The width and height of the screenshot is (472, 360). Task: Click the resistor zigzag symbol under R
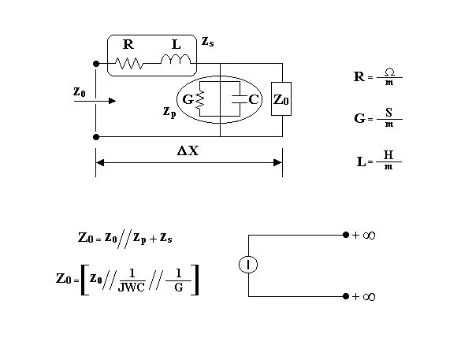click(x=129, y=64)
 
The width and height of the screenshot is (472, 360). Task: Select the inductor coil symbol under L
click(x=176, y=59)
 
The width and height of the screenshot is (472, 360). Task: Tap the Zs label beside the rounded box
click(x=208, y=42)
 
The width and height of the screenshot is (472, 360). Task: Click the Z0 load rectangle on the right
click(x=281, y=98)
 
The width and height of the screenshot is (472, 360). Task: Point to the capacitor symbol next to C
click(x=240, y=99)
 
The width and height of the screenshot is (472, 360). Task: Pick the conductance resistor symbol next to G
click(x=200, y=100)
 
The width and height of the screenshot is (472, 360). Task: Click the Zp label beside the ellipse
click(x=169, y=112)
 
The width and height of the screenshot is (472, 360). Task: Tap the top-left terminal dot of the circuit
click(x=96, y=64)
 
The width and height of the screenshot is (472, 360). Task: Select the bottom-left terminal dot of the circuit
click(x=96, y=137)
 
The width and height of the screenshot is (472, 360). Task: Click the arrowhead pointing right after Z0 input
click(x=112, y=101)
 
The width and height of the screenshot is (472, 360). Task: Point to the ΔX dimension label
click(x=188, y=150)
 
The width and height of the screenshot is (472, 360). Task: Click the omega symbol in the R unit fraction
click(x=389, y=72)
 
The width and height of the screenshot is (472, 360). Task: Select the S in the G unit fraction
click(x=389, y=113)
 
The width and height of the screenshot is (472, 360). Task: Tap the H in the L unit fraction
click(x=388, y=155)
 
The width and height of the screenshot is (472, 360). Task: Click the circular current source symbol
click(x=248, y=265)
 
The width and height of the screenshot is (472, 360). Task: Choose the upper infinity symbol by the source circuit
click(x=369, y=235)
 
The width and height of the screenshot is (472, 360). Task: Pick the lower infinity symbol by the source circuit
click(x=369, y=297)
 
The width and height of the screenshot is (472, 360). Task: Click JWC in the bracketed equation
click(x=132, y=288)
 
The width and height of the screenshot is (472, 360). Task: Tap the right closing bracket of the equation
click(x=195, y=280)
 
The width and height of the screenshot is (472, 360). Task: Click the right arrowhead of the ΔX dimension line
click(x=278, y=163)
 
